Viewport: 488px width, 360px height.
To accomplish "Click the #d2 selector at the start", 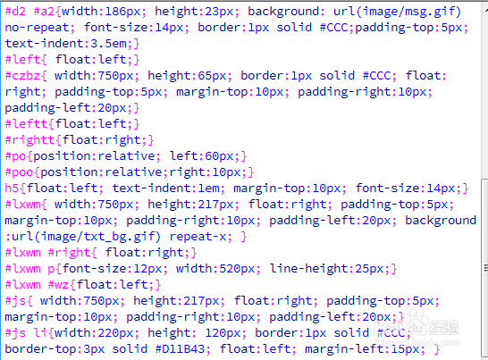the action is click(x=15, y=12).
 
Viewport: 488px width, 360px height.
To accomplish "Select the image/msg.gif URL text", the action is click(x=408, y=12).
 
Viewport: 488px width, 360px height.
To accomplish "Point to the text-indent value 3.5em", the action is click(x=109, y=44).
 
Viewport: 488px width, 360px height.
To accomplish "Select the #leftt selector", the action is click(x=27, y=124).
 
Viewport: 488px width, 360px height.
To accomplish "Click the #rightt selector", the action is click(x=29, y=140).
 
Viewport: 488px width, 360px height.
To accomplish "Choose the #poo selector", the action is click(x=19, y=172).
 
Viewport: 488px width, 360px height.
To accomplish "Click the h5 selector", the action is click(x=12, y=188).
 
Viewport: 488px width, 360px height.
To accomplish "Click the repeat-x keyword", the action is click(x=198, y=237).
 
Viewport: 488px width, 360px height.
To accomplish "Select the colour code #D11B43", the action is click(x=181, y=349).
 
